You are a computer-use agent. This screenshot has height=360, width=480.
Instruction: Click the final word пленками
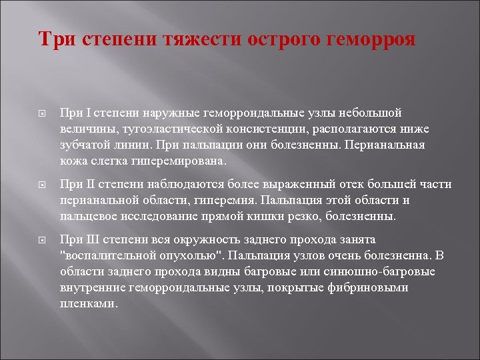click(88, 303)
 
